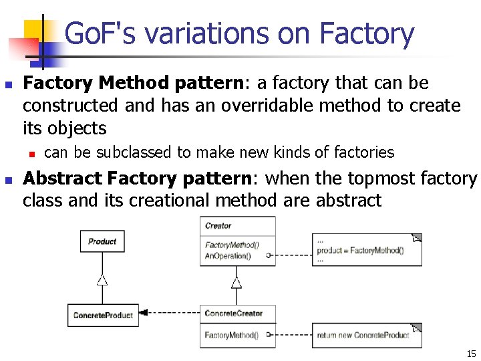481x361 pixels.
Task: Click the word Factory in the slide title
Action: click(367, 33)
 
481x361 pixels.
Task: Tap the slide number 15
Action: click(471, 354)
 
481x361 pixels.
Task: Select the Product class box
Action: click(102, 241)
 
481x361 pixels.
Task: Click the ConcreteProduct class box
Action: click(103, 315)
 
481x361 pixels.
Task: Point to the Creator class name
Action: click(218, 226)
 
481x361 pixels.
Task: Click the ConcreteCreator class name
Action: click(233, 313)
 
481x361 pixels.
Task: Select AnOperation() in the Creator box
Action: click(228, 256)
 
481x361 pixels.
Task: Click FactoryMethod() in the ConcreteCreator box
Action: click(231, 335)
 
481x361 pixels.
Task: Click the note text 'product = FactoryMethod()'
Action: click(360, 251)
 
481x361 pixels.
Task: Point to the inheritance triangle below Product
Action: click(102, 280)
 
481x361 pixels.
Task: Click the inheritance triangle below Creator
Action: click(236, 283)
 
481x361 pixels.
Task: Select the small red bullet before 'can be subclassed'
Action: click(32, 153)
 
